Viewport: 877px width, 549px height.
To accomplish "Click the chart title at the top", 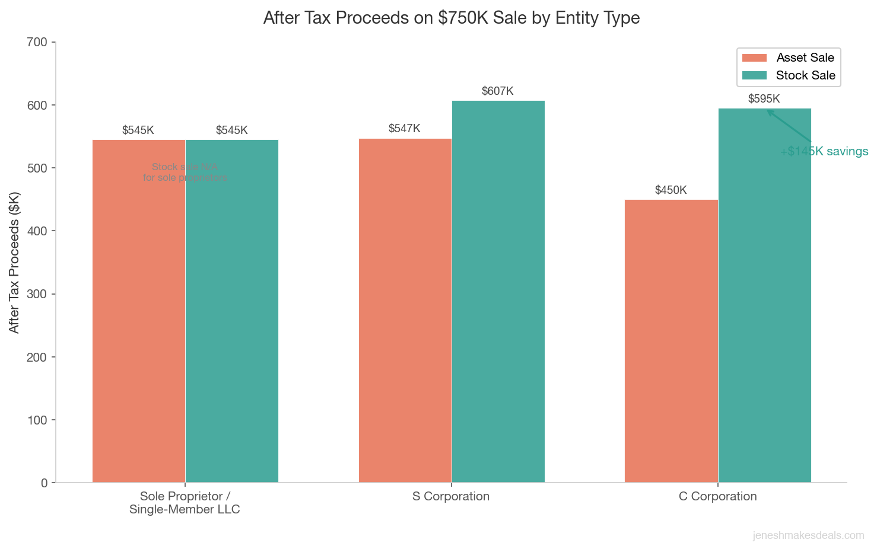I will [x=451, y=18].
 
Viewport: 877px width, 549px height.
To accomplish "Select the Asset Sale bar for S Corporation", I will [x=405, y=311].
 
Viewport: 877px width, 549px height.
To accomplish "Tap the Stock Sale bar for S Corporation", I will [x=498, y=292].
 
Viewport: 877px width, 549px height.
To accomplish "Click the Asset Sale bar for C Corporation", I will [x=671, y=341].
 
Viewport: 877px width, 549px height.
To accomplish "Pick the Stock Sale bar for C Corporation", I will [x=764, y=295].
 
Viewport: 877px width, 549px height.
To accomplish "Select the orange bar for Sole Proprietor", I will [x=139, y=311].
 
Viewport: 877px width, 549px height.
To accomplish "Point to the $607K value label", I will [x=497, y=91].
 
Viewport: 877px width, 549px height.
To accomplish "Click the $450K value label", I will [x=671, y=190].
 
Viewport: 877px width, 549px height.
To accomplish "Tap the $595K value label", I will [x=764, y=99].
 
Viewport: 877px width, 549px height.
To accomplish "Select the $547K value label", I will [x=404, y=129].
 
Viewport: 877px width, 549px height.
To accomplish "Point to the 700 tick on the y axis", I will [x=37, y=43].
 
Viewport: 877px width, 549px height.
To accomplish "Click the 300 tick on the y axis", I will [x=37, y=294].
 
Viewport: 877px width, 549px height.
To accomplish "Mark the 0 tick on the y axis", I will [x=44, y=483].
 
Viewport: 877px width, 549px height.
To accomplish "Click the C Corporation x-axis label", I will [x=717, y=496].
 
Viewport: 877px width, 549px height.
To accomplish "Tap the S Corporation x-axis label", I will [x=451, y=496].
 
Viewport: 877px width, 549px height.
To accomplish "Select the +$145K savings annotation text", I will [x=824, y=152].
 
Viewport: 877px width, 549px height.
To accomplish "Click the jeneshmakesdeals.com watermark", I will [x=808, y=535].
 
